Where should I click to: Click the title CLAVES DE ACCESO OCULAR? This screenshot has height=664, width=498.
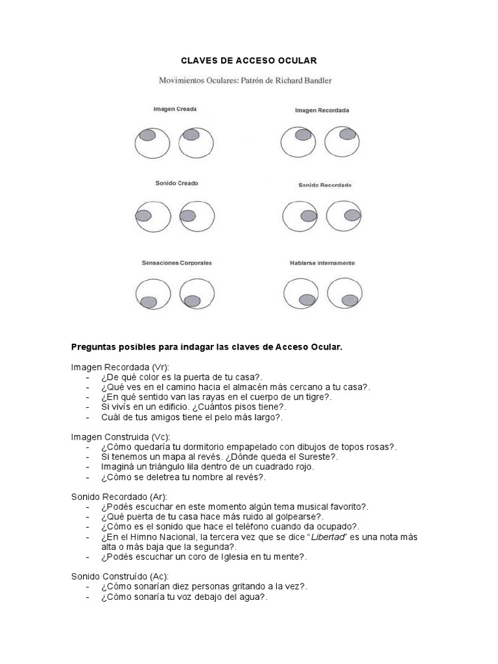[248, 61]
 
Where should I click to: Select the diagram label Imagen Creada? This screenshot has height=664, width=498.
[175, 110]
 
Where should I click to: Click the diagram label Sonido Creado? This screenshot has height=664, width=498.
[177, 184]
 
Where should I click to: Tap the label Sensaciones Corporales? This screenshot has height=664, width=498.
[177, 263]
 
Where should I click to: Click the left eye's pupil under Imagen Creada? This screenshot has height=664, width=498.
[147, 135]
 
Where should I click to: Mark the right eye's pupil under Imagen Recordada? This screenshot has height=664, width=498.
[348, 134]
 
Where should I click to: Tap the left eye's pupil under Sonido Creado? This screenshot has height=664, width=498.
[143, 215]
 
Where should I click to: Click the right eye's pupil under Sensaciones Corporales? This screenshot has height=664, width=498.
[192, 301]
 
